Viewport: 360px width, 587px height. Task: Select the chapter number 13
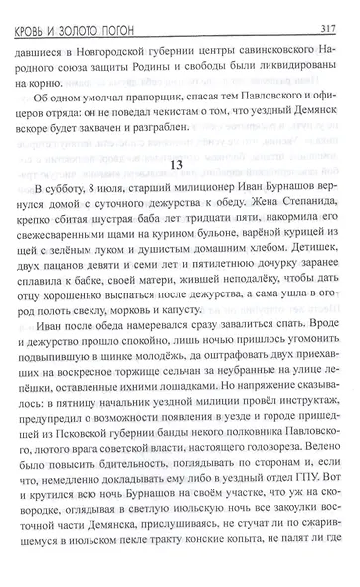click(x=181, y=167)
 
